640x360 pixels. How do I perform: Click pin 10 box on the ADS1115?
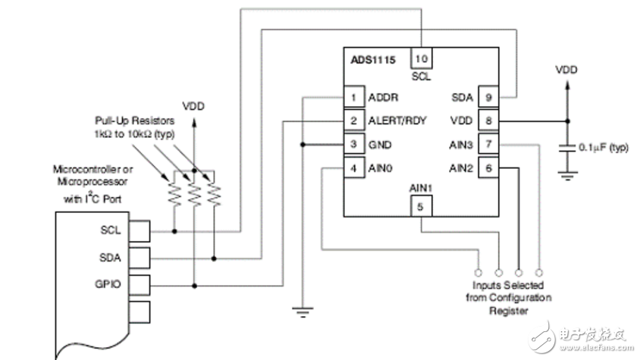(x=421, y=58)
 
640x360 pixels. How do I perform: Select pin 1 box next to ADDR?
(x=353, y=97)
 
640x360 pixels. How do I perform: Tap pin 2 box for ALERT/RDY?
(x=353, y=121)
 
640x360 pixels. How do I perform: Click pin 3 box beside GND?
(x=353, y=144)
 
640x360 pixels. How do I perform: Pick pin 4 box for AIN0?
(x=353, y=167)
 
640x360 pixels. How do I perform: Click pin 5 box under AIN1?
(x=421, y=205)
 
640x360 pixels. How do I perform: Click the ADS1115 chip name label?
(x=372, y=58)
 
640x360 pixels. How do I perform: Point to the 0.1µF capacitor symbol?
(x=566, y=149)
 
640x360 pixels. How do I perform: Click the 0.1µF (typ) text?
(x=604, y=146)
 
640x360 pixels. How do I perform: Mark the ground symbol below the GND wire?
(x=302, y=308)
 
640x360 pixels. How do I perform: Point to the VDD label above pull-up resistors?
(x=193, y=106)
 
